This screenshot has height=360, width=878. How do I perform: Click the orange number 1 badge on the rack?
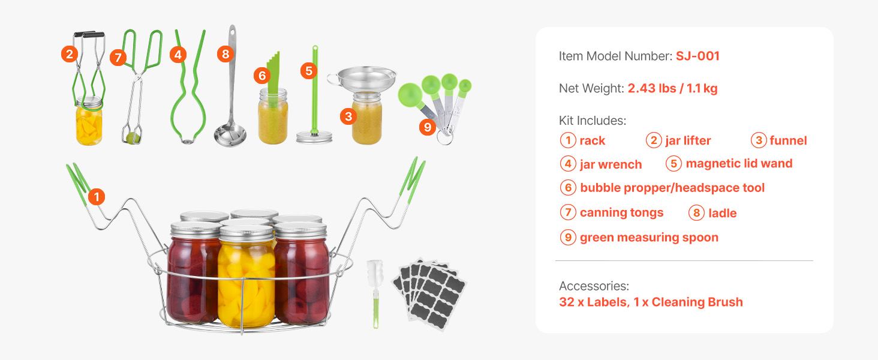pyautogui.click(x=97, y=196)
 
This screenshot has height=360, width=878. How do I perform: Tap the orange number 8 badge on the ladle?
pyautogui.click(x=225, y=54)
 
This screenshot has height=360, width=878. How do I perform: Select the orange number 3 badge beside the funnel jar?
pyautogui.click(x=348, y=116)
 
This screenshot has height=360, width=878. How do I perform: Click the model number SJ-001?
pyautogui.click(x=697, y=56)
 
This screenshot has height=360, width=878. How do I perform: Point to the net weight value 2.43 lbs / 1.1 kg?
pyautogui.click(x=673, y=88)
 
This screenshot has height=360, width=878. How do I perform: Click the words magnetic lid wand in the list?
pyautogui.click(x=739, y=163)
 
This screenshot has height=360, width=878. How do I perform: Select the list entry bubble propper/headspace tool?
pyautogui.click(x=672, y=188)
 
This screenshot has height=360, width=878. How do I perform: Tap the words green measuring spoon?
pyautogui.click(x=649, y=238)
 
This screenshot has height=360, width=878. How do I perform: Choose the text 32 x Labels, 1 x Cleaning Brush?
pyautogui.click(x=651, y=302)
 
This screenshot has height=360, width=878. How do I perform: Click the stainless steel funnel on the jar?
pyautogui.click(x=363, y=80)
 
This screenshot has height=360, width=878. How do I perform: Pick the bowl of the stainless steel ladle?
pyautogui.click(x=230, y=135)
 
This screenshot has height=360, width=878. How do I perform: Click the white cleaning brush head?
pyautogui.click(x=374, y=274)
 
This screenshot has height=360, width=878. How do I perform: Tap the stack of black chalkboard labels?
pyautogui.click(x=429, y=293)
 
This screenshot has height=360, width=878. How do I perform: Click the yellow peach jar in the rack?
pyautogui.click(x=246, y=277)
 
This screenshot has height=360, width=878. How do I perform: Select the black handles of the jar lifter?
pyautogui.click(x=89, y=35)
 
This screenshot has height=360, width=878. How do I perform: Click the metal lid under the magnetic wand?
pyautogui.click(x=314, y=137)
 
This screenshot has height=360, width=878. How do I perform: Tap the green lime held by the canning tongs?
pyautogui.click(x=132, y=138)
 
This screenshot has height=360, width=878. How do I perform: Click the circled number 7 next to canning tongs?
pyautogui.click(x=568, y=212)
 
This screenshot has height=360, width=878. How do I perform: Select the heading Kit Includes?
pyautogui.click(x=593, y=121)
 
